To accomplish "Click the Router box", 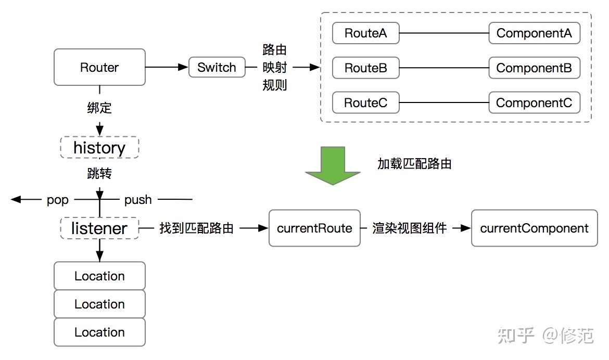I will tap(99, 67).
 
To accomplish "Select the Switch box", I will tap(217, 67).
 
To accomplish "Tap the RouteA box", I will tap(365, 33).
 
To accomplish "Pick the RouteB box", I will tap(365, 68).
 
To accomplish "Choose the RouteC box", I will tap(365, 103).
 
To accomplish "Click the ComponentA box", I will tap(534, 33).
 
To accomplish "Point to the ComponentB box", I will tap(534, 68).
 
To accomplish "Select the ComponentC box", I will tap(534, 103).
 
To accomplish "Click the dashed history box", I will tap(99, 148).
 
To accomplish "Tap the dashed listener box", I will tap(99, 228).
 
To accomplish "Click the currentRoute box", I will tap(314, 228).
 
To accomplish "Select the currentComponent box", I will tap(534, 228).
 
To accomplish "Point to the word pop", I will tap(57, 200).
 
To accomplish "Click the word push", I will tap(138, 200).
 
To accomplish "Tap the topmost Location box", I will tap(99, 276).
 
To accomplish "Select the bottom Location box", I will tap(99, 332).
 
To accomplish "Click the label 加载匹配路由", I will tap(414, 164).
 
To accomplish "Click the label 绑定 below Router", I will tap(99, 108).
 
